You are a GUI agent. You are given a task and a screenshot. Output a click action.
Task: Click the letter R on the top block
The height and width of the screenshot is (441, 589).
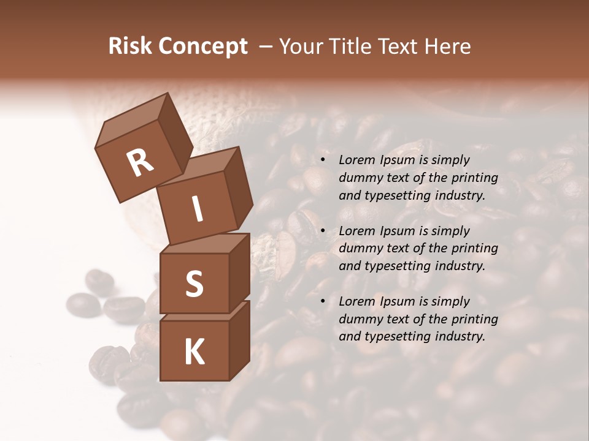[x=141, y=162]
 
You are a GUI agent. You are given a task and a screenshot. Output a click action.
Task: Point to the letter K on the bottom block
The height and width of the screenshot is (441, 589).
[x=194, y=352]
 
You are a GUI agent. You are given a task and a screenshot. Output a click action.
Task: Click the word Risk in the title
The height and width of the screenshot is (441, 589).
[x=129, y=47]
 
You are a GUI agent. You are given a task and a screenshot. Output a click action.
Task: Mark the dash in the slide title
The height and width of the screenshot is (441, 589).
[x=266, y=47]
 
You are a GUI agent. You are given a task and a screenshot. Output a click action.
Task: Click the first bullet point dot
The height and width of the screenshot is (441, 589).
[x=323, y=160]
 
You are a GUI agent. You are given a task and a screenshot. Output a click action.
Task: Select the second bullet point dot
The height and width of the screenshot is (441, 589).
[x=323, y=231]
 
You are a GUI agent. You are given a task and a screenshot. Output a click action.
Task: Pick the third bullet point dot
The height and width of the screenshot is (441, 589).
[x=323, y=301]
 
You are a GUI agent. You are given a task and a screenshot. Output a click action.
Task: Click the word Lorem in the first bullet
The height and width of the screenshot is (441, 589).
[x=356, y=160]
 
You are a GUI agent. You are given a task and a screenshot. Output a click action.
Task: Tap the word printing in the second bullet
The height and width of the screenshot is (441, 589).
[x=474, y=249]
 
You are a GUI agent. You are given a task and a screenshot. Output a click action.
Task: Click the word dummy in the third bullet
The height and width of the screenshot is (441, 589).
[x=358, y=319]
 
